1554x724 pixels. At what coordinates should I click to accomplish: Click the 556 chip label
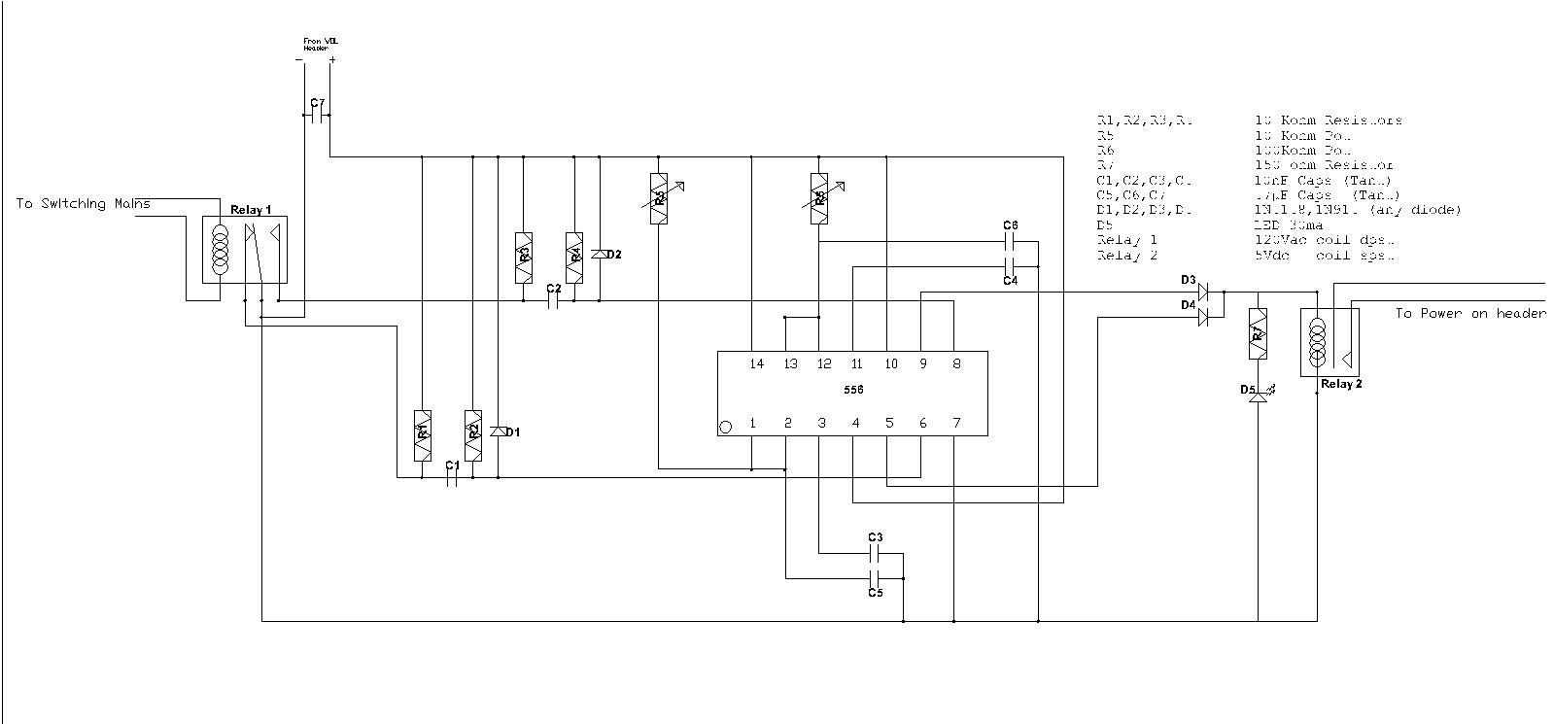point(852,390)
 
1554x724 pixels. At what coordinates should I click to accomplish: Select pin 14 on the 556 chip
point(756,364)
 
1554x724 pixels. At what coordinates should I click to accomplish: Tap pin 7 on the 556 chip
point(956,423)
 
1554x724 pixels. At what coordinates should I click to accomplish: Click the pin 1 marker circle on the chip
point(725,427)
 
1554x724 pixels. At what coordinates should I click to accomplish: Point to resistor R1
point(423,433)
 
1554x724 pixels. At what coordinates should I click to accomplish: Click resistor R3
point(524,258)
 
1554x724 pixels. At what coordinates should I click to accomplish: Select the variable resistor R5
point(819,198)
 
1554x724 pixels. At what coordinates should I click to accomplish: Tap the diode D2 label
point(613,255)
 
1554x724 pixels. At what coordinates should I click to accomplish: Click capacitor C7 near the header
point(318,116)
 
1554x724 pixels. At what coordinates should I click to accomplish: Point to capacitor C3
point(874,554)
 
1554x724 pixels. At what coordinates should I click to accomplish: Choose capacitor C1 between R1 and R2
point(452,478)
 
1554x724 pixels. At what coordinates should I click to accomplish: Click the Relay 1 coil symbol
point(221,250)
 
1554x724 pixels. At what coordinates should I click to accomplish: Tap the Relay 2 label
point(1341,384)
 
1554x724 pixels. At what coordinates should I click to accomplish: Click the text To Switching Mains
point(83,204)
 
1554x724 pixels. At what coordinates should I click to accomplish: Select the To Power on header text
point(1469,314)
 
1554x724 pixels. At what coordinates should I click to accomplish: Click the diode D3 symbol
point(1203,291)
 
